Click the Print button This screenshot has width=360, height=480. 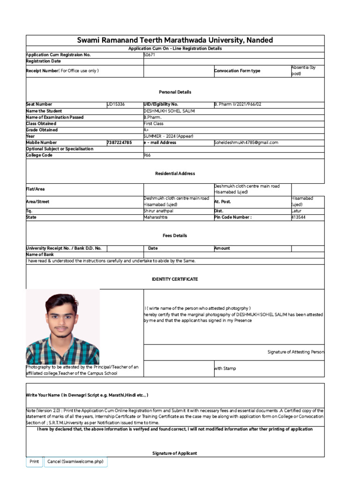coord(34,462)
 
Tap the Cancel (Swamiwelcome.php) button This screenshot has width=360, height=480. coord(75,462)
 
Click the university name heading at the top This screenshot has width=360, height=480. coord(175,40)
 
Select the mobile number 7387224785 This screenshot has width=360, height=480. coord(119,142)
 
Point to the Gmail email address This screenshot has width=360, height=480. coord(246,142)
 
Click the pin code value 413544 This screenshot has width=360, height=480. coord(300,217)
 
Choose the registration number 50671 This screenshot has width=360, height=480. coord(149,55)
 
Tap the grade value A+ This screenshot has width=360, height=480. coord(147,130)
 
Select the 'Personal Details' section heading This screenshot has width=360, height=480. coord(175,92)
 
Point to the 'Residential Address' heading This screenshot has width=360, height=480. coord(175,173)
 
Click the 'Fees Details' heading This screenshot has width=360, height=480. coord(175,236)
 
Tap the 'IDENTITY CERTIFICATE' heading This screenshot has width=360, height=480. coord(175,279)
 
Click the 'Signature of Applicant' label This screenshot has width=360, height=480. coord(175,453)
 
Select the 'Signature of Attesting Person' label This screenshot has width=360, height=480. coord(295,352)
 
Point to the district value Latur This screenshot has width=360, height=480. coord(297,211)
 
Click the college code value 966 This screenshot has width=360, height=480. coord(147,155)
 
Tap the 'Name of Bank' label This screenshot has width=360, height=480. coord(40,255)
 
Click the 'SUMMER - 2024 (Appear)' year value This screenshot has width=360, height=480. coord(168,136)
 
